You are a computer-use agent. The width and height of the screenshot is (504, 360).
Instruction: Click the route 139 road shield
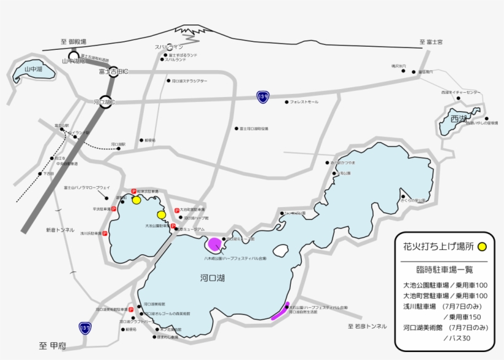point(263,96)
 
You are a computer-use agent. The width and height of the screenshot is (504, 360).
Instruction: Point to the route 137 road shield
point(84,329)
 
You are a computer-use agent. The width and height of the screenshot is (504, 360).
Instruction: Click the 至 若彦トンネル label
point(368,326)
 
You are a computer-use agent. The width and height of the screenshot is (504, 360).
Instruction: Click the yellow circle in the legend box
point(482,246)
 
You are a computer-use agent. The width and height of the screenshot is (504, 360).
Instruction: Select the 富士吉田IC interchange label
point(113,71)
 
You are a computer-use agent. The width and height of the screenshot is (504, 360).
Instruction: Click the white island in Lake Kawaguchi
point(280,252)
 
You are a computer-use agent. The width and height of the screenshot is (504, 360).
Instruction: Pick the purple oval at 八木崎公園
point(215,244)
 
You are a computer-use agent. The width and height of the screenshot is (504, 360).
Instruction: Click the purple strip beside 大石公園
point(279,312)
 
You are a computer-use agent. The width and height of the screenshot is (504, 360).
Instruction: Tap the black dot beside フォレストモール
point(286,101)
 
